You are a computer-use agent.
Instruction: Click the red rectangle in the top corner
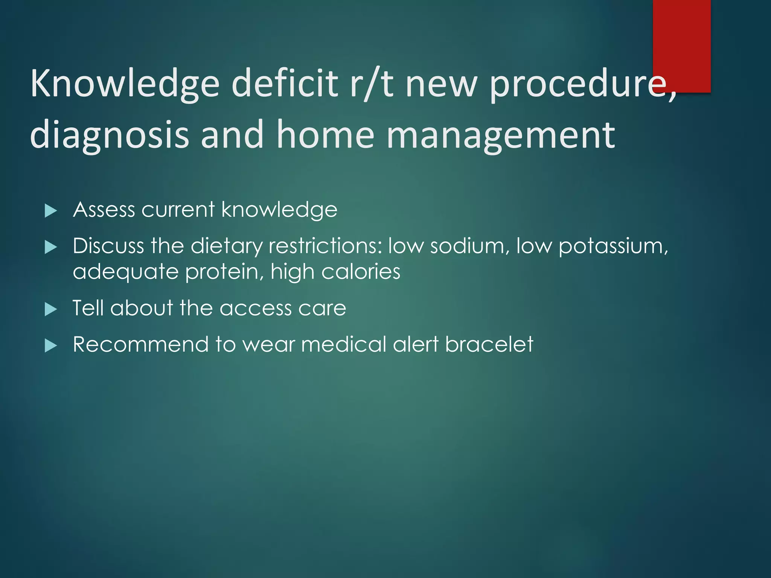[x=681, y=45]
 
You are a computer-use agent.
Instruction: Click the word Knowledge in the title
[x=124, y=84]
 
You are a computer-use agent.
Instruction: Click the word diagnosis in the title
[x=109, y=135]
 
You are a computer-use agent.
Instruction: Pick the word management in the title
[x=501, y=135]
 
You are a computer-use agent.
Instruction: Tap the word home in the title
[x=325, y=135]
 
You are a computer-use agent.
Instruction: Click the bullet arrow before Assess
[x=50, y=211]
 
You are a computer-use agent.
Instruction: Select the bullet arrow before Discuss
[x=50, y=247]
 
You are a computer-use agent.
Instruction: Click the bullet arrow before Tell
[x=50, y=309]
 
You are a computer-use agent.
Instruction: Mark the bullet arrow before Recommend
[x=50, y=345]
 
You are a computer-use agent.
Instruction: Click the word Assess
[x=104, y=209]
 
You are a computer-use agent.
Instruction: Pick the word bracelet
[x=489, y=344]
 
